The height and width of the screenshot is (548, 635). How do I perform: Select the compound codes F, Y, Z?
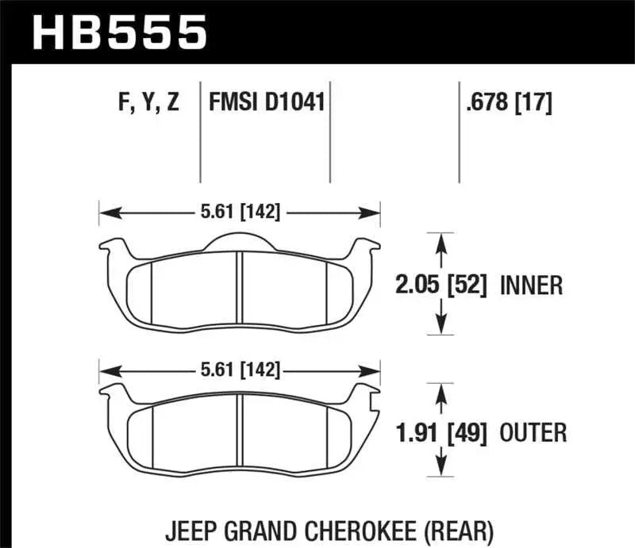[148, 102]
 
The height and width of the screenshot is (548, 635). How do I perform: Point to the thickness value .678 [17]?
[506, 102]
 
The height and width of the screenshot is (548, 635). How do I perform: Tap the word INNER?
[531, 284]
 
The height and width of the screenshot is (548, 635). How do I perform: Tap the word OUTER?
[533, 432]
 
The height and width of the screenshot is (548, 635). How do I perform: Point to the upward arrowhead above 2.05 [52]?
[442, 240]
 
